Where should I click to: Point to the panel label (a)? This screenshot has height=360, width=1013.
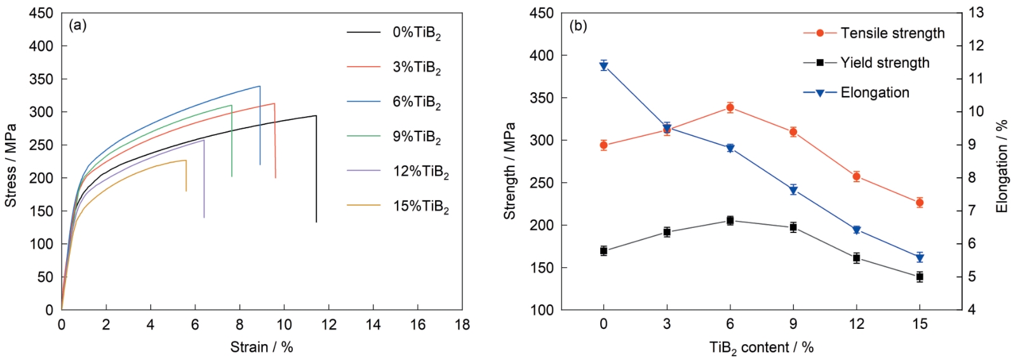[77, 25]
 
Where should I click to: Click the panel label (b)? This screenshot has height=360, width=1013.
[578, 26]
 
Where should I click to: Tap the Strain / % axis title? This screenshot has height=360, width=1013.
[261, 347]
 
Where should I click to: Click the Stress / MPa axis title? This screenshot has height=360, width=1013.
[11, 165]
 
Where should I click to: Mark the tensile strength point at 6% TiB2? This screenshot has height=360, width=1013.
[730, 108]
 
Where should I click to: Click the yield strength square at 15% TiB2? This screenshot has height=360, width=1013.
[919, 277]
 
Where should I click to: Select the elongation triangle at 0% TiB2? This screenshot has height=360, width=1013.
[603, 66]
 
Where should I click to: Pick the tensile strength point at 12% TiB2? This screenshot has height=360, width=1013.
[856, 177]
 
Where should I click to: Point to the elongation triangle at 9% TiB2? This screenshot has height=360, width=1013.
[793, 190]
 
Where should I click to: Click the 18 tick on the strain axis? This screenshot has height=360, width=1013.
[462, 325]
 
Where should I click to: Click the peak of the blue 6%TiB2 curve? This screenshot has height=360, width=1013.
[260, 86]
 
